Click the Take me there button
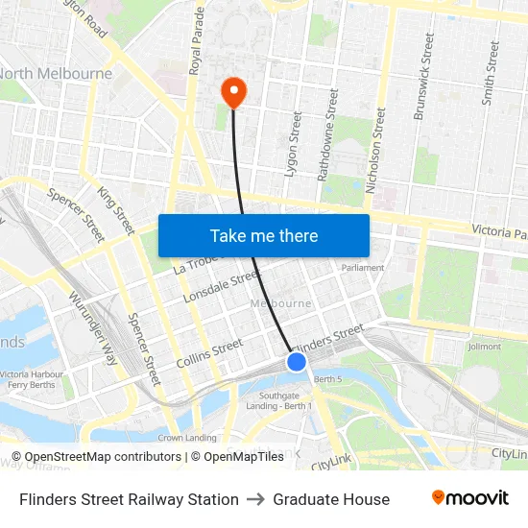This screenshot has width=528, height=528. [x=264, y=235]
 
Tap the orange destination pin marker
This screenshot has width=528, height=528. [x=233, y=92]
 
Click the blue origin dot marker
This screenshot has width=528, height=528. [x=297, y=362]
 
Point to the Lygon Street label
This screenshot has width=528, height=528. [x=294, y=144]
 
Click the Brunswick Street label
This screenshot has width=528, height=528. [x=423, y=77]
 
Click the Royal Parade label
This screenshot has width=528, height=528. [x=198, y=40]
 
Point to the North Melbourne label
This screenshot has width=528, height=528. [x=56, y=74]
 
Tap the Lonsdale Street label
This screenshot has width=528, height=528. [x=222, y=286]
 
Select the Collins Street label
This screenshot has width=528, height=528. [x=209, y=352]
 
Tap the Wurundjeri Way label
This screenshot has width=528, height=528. [x=93, y=328]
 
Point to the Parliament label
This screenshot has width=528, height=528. [x=363, y=268]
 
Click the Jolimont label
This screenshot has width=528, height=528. [x=484, y=346]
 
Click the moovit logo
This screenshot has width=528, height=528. [x=469, y=498]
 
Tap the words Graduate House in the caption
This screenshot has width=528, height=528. [x=331, y=499]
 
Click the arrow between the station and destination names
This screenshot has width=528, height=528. [x=256, y=499]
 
